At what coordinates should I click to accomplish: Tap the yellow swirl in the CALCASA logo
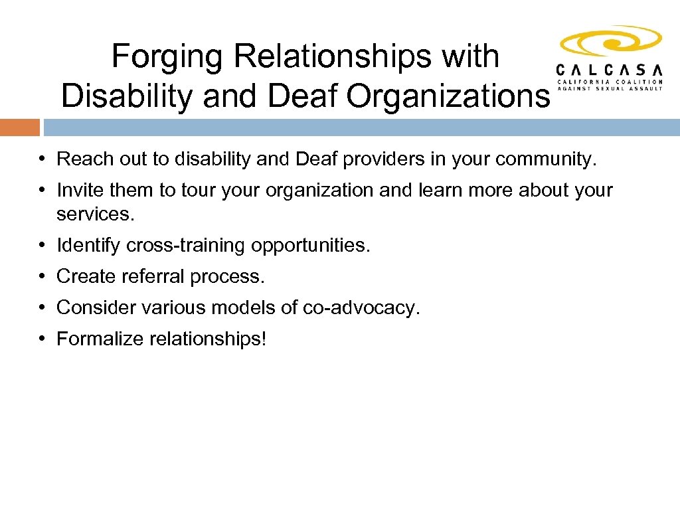[x=610, y=44]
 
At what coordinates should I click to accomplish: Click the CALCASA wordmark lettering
[x=610, y=70]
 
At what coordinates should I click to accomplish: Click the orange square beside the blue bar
[x=19, y=127]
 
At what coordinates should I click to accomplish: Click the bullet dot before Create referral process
[x=41, y=276]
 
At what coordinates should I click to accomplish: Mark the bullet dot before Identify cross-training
[x=41, y=245]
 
